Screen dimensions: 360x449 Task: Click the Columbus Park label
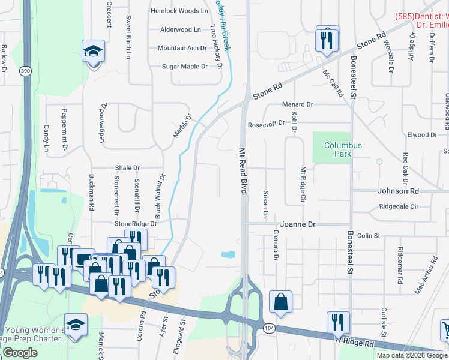click(343, 149)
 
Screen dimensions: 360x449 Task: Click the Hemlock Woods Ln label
click(179, 11)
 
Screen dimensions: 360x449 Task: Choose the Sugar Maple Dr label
click(185, 66)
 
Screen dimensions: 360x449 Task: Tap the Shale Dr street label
click(128, 168)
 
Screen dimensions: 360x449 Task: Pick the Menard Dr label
click(298, 104)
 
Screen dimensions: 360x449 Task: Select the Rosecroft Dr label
click(266, 124)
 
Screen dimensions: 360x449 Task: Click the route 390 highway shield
click(25, 70)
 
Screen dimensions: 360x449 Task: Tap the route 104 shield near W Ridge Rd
click(268, 327)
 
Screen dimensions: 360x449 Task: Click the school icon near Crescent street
click(94, 52)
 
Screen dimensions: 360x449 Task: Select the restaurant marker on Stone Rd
click(327, 40)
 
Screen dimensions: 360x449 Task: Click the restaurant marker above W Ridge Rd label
click(338, 323)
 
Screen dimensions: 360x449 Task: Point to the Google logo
click(20, 353)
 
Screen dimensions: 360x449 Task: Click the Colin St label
click(369, 236)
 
